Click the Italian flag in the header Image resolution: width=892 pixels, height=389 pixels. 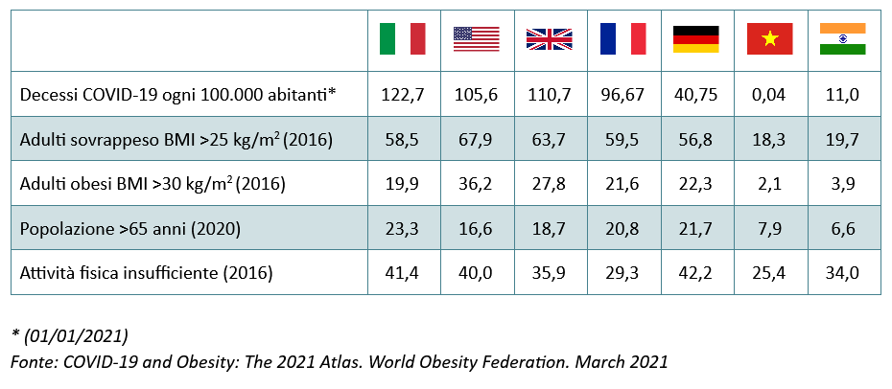[x=403, y=38]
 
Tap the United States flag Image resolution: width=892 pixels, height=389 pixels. [x=476, y=39]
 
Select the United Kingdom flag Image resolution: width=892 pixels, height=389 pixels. [x=550, y=39]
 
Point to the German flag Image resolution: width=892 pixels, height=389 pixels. [x=695, y=39]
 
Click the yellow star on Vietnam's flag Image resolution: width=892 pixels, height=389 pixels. [x=769, y=38]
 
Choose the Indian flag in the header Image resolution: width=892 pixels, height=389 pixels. [x=842, y=38]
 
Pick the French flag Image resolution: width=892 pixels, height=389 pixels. [x=622, y=38]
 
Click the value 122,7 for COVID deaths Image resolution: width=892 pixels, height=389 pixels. [x=403, y=94]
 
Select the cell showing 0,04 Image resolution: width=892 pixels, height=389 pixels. [x=769, y=94]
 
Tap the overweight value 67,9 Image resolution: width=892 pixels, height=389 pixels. [x=476, y=139]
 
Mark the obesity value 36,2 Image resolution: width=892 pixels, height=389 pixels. [x=476, y=183]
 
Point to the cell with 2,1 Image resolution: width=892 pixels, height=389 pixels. [x=769, y=183]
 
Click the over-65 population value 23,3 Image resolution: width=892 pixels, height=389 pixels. [x=403, y=228]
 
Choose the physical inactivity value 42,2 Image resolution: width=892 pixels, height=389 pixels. [x=695, y=273]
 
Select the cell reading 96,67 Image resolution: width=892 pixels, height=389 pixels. [x=622, y=94]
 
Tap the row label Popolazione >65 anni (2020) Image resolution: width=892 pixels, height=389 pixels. [x=130, y=229]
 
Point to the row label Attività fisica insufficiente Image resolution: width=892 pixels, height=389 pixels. [x=146, y=274]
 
